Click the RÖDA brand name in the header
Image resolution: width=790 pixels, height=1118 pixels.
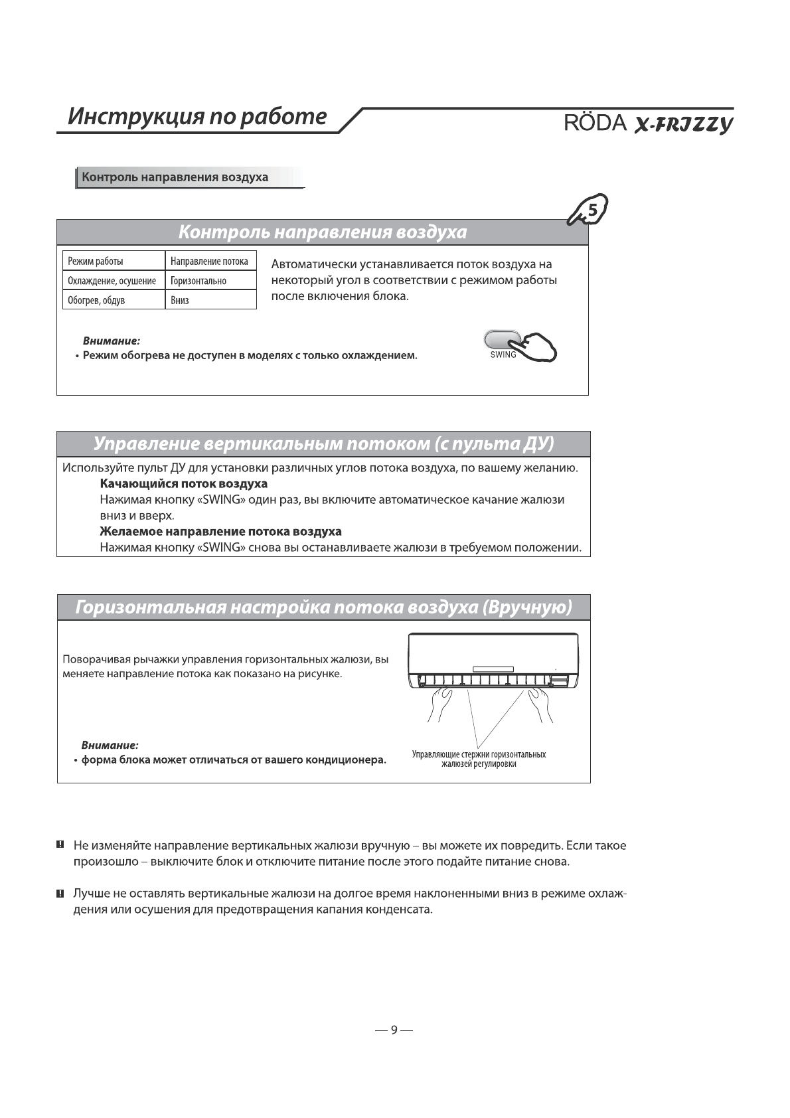595,123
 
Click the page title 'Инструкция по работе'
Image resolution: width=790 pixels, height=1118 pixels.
198,116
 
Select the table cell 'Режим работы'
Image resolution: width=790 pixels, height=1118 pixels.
96,262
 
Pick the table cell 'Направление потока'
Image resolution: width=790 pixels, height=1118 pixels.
209,262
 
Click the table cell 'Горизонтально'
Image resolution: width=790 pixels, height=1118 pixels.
198,281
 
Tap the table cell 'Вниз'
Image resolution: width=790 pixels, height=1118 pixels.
180,300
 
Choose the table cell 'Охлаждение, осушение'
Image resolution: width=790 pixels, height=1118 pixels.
112,281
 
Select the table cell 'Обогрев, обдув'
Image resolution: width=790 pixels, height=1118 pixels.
97,300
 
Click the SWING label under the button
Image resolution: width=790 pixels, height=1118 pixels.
503,355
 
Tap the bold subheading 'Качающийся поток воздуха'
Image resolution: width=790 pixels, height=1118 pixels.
183,483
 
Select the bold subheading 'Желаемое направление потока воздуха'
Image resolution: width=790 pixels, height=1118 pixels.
220,531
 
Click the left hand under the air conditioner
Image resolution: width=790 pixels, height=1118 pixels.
439,704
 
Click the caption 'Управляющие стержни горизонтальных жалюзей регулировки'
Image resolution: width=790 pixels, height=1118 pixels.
479,759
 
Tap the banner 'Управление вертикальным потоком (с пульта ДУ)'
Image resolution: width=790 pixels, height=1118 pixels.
323,443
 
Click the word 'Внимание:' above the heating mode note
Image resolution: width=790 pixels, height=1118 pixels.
111,341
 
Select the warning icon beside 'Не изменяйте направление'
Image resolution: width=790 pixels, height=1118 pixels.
60,845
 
